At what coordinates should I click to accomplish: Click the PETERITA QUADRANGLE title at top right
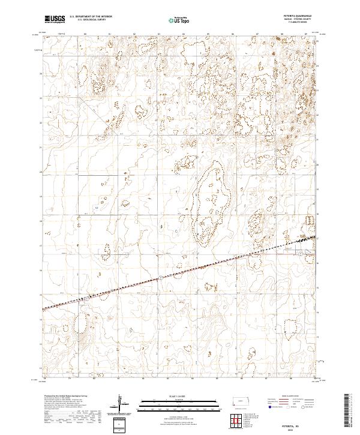(x=298, y=16)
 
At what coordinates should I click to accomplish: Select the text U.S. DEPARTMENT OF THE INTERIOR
(x=91, y=17)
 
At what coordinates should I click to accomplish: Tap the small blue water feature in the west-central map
(x=96, y=207)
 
